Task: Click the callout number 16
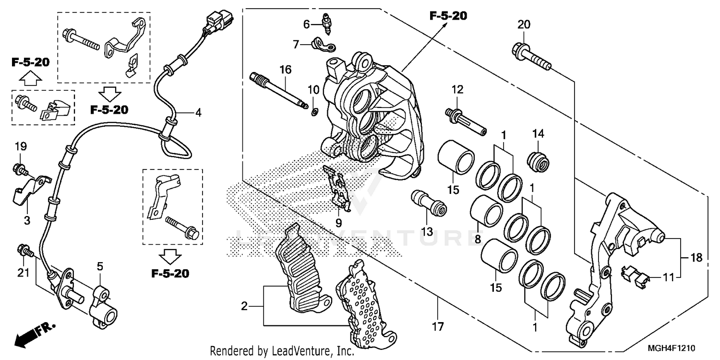[x=285, y=70]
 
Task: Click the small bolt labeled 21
[x=24, y=250]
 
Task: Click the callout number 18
[x=696, y=258]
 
